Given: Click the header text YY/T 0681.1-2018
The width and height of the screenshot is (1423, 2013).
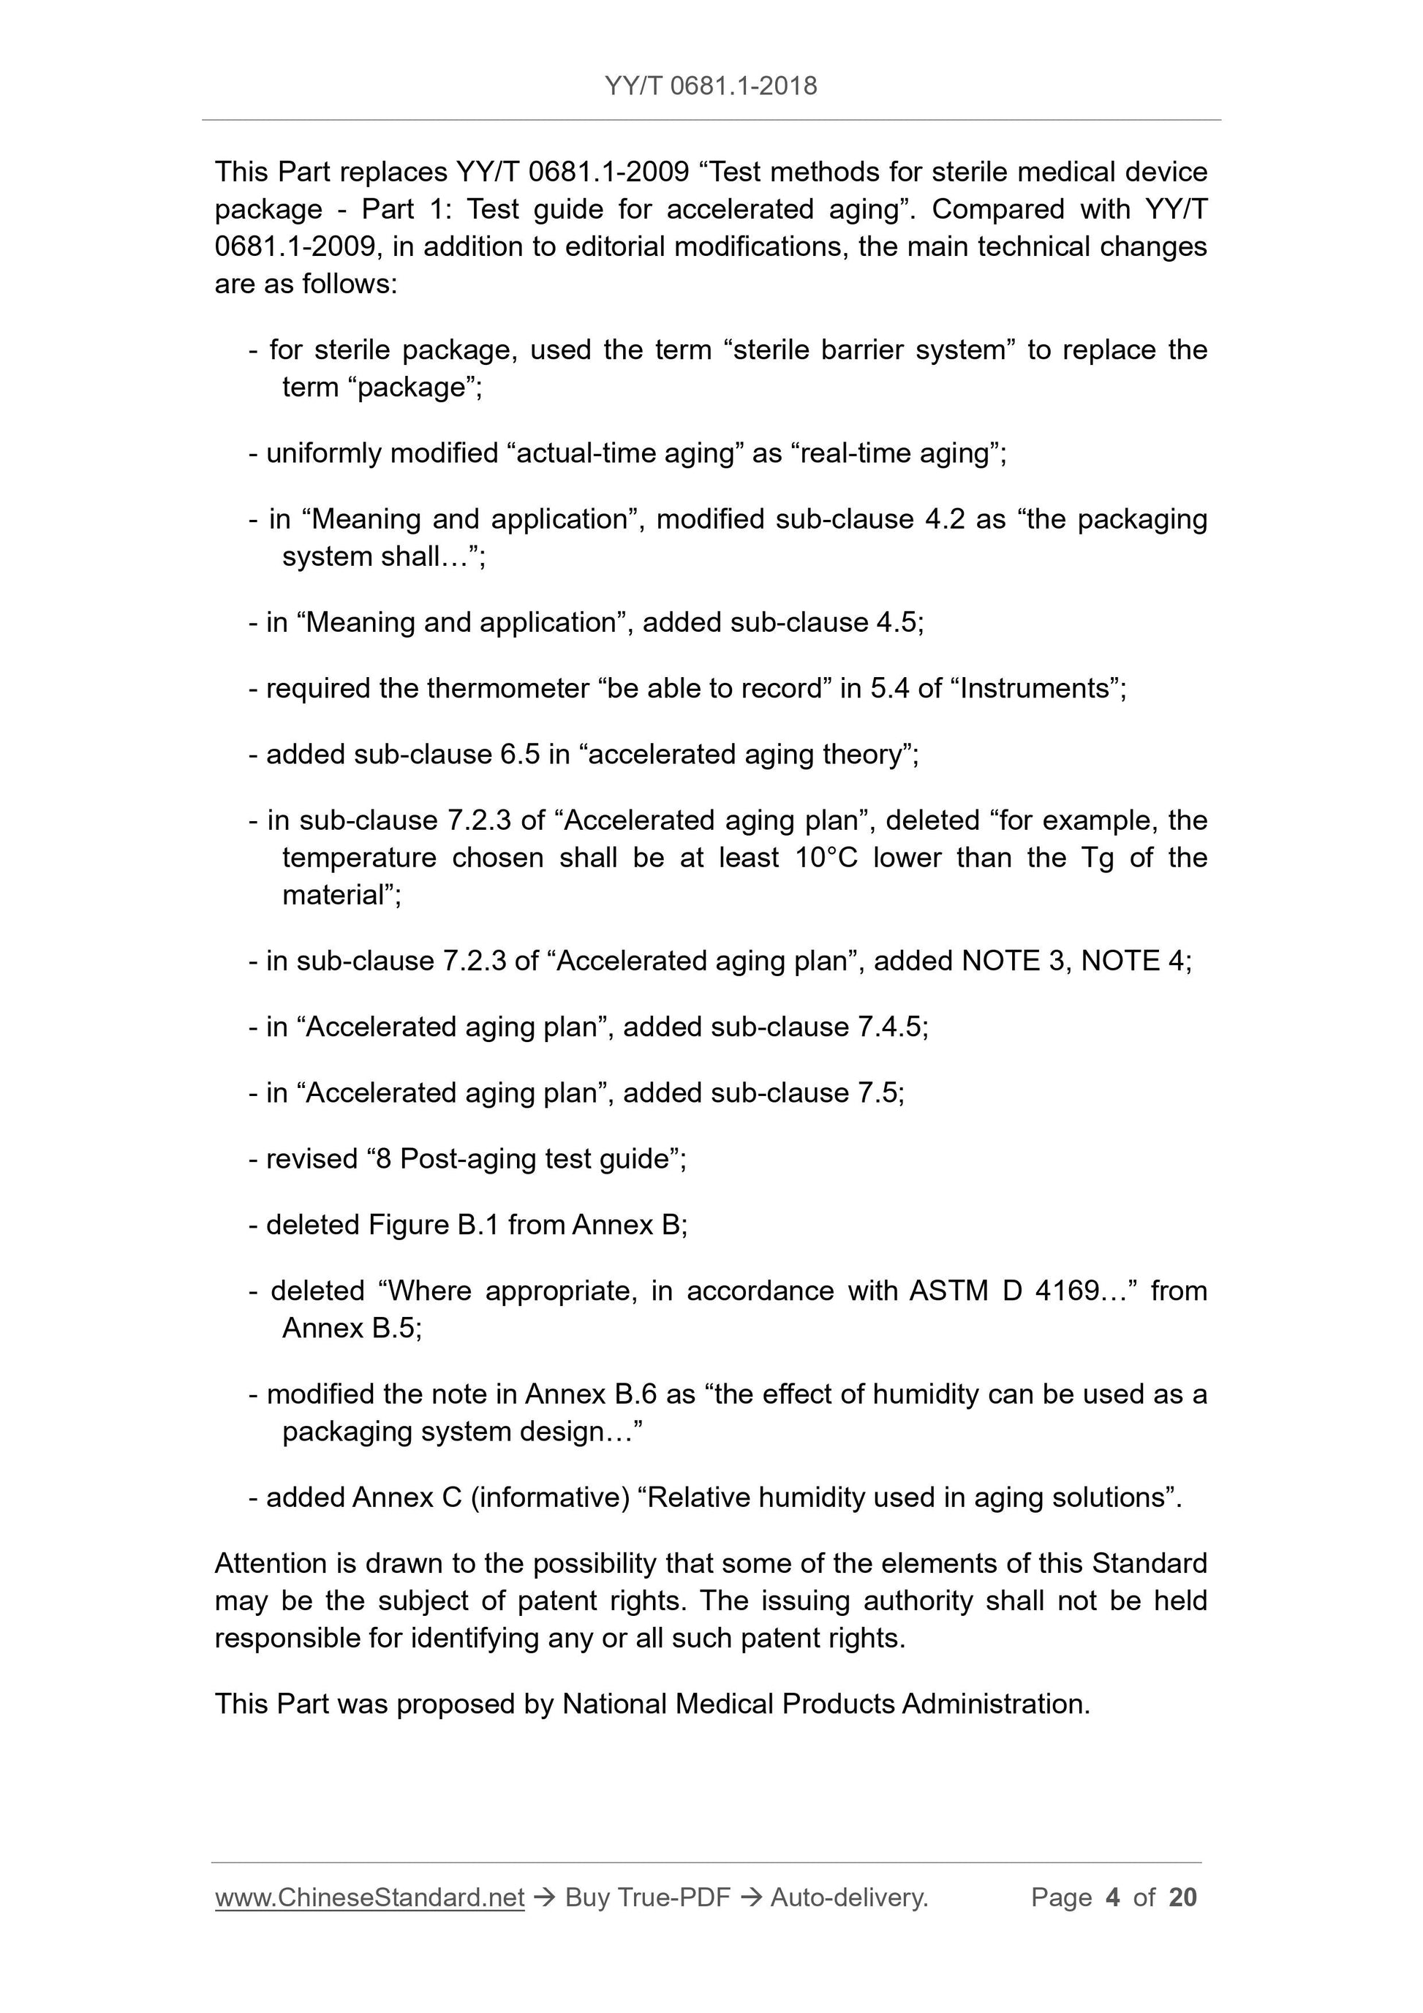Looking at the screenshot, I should [x=710, y=86].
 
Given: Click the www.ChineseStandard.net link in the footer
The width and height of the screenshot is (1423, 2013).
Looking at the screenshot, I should [x=369, y=1897].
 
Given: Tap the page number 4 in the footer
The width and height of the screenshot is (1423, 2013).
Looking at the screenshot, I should [x=1113, y=1897].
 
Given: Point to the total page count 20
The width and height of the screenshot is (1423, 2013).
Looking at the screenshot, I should [x=1182, y=1897].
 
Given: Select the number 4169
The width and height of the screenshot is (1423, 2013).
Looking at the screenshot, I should [x=1066, y=1291].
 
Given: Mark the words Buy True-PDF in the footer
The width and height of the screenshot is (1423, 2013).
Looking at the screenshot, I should [x=647, y=1897].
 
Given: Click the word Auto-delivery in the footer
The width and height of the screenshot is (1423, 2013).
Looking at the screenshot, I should [x=848, y=1897].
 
